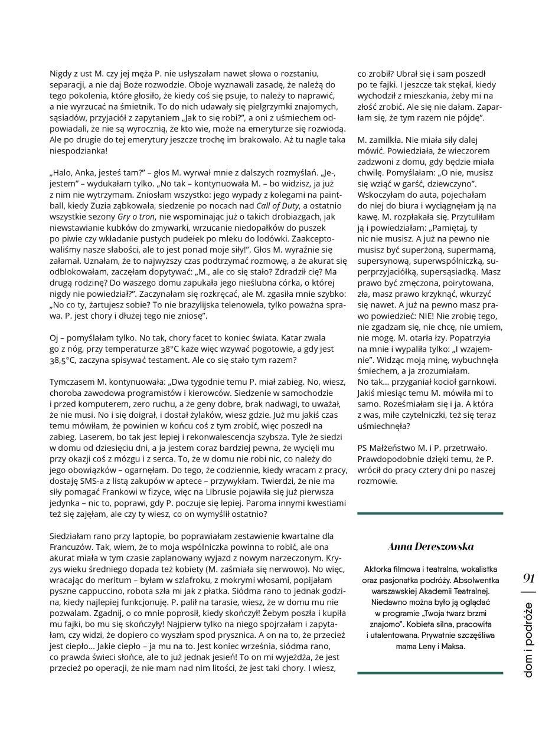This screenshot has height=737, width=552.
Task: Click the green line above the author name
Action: [430, 514]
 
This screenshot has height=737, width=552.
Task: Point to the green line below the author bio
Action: [430, 672]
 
